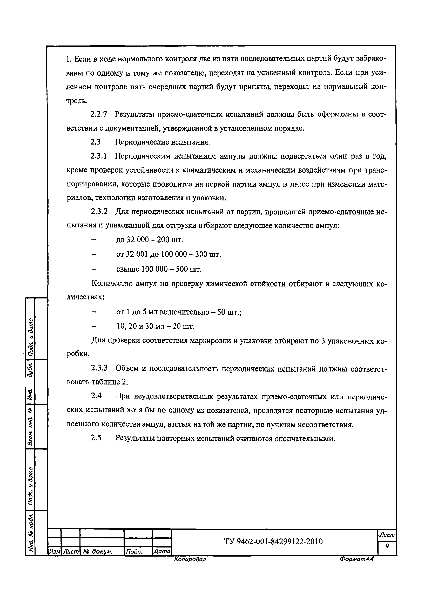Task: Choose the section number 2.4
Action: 96,396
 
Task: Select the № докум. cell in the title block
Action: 98,552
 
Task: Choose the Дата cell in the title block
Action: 162,552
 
